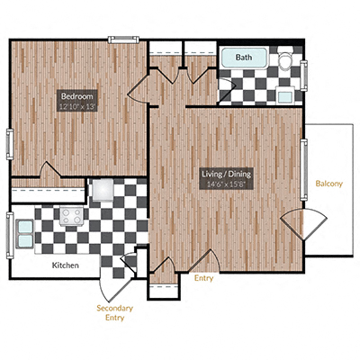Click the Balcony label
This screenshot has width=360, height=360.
[x=328, y=184]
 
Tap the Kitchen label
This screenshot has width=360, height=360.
[x=64, y=265]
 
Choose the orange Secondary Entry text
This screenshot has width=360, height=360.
[x=116, y=312]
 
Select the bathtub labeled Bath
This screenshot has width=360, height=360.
[x=245, y=58]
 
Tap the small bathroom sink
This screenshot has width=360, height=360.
[x=285, y=95]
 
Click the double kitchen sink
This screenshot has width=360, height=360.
[x=24, y=232]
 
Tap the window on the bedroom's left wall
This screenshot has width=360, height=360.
[x=9, y=144]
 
